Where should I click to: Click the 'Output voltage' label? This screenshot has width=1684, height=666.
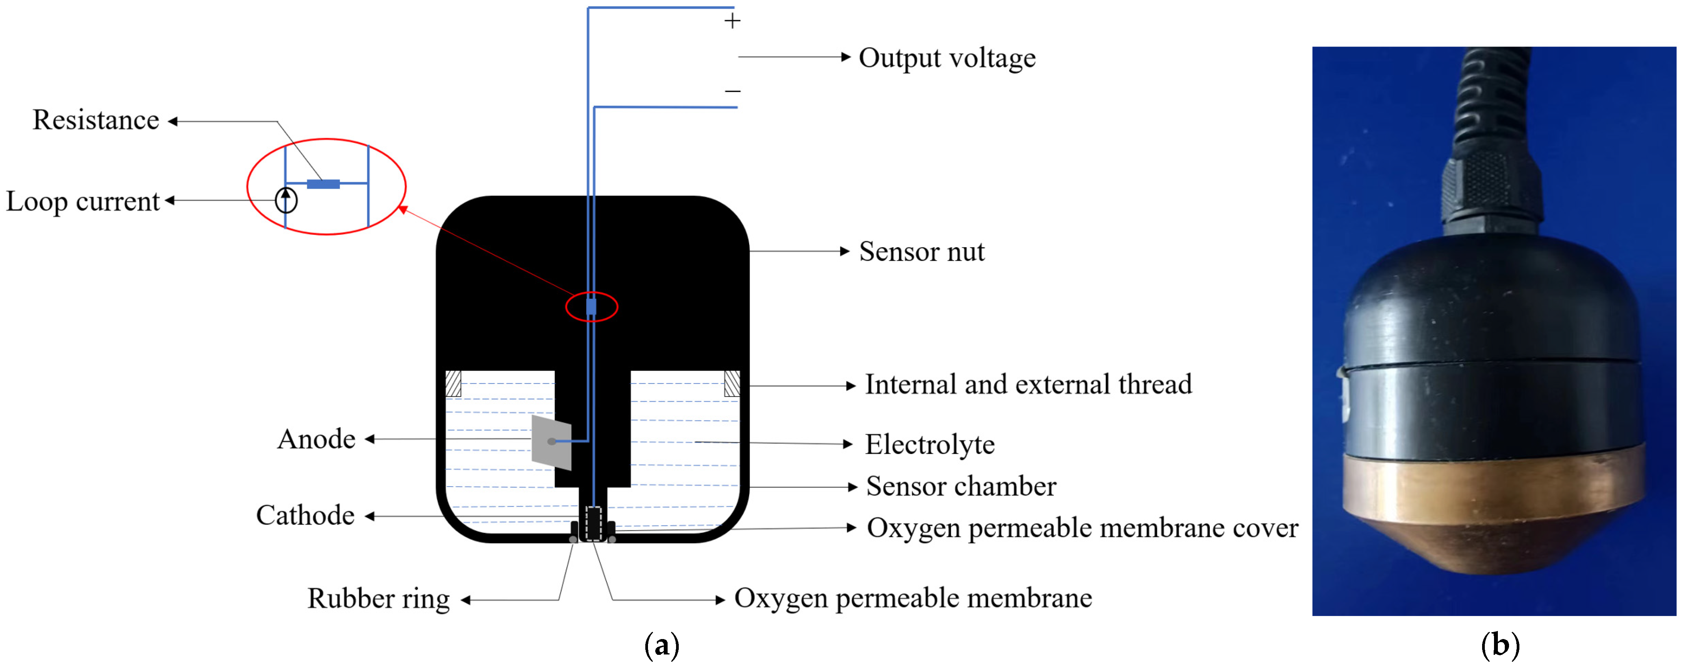[946, 58]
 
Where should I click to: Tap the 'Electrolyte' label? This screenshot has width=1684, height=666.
[929, 445]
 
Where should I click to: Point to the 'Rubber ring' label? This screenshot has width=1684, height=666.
[378, 599]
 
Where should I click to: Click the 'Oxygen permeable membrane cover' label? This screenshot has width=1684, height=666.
[1082, 528]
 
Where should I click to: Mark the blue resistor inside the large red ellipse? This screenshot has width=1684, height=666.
[323, 184]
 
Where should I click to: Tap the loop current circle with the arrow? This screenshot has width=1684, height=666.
[286, 200]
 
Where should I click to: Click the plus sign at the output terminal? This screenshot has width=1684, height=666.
[732, 22]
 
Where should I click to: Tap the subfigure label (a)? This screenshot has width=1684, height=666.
[661, 646]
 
